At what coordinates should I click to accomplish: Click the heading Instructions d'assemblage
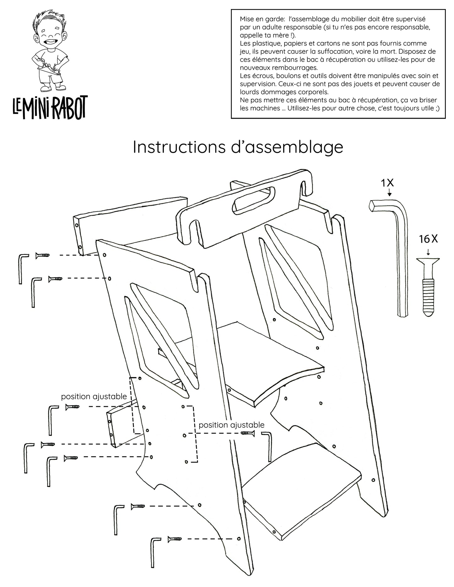click(238, 147)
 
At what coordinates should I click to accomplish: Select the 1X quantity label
click(387, 183)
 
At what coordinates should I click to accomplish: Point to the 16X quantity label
click(428, 239)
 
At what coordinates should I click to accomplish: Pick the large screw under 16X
click(428, 286)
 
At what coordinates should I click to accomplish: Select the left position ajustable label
click(94, 396)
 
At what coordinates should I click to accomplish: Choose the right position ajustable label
click(232, 425)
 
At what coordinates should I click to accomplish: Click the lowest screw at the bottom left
click(174, 539)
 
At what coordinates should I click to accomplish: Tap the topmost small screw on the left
click(42, 256)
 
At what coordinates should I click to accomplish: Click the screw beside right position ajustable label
click(248, 434)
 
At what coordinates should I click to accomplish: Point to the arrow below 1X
click(390, 192)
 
